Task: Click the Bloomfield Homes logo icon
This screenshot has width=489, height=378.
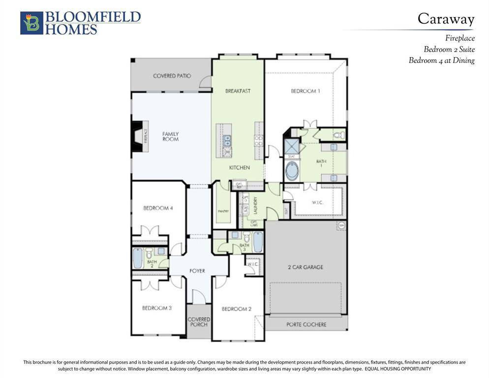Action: (31, 23)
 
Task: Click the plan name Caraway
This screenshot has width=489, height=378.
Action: (446, 19)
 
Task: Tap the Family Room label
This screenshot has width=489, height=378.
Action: (170, 136)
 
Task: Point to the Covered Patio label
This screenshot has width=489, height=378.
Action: (172, 76)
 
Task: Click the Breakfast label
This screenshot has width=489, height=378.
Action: (238, 91)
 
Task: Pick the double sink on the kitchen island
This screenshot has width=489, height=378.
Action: (227, 141)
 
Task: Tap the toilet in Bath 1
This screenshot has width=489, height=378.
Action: (338, 134)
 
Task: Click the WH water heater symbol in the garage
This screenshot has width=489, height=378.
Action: (341, 225)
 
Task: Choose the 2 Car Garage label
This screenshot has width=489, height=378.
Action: (306, 267)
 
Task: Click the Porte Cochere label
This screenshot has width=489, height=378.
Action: (306, 324)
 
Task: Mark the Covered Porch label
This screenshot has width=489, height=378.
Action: (199, 322)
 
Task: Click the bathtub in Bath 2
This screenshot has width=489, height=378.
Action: (138, 258)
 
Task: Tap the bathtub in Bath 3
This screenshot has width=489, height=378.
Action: (258, 242)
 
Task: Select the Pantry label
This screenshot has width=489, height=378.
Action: (223, 211)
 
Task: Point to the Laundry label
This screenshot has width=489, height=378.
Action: (255, 206)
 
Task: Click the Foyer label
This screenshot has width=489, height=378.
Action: (198, 271)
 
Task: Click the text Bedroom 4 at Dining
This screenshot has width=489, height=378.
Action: (441, 61)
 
